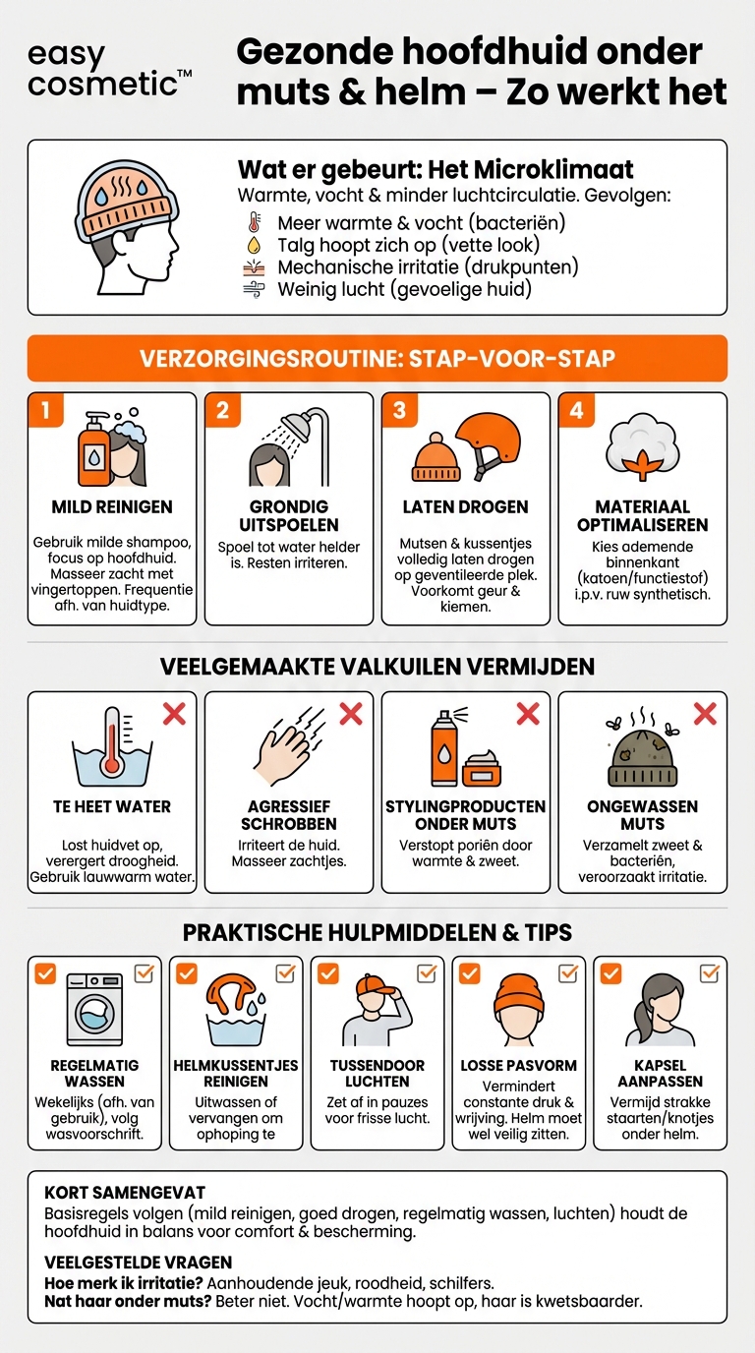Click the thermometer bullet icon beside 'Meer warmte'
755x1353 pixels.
(255, 223)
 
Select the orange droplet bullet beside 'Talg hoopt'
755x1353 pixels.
(255, 245)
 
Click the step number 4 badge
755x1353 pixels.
(576, 409)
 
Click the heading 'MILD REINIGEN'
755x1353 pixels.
(112, 507)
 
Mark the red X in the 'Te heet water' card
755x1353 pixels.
(174, 714)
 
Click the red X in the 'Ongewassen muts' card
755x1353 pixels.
(705, 714)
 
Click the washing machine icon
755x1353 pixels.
(94, 1010)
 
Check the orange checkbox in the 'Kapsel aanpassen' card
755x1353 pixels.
(610, 973)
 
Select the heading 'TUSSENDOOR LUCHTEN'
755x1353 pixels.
(377, 1074)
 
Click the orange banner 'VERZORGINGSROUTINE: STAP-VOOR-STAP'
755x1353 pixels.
(377, 358)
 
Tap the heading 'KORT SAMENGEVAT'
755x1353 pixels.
(111, 1193)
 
